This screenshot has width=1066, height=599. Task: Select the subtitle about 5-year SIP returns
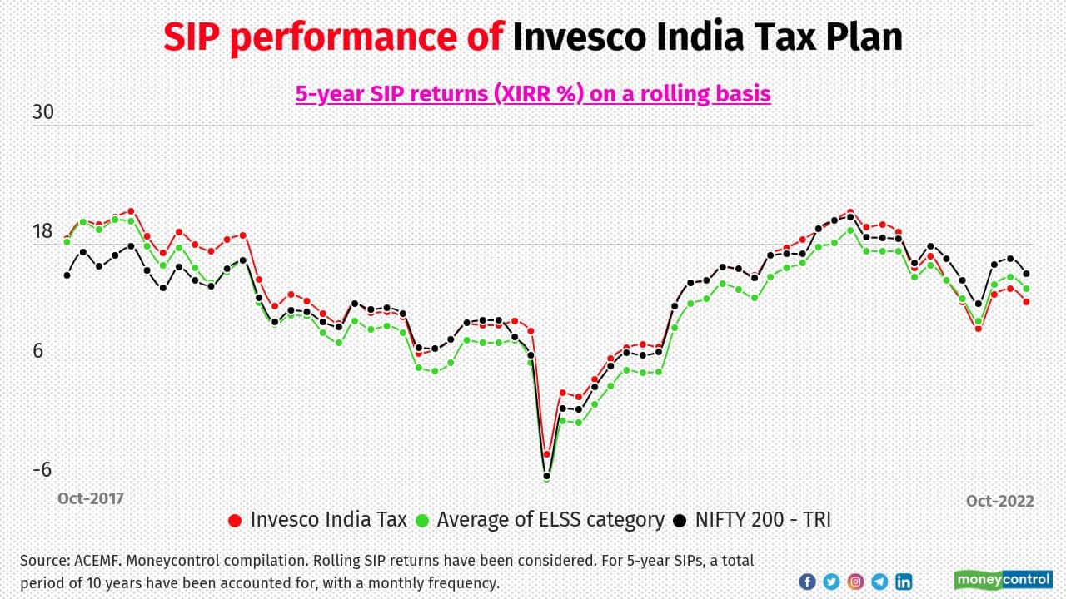[x=533, y=93]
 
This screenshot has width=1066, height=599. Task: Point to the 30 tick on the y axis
[x=42, y=112]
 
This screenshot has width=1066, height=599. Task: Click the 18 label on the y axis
[x=42, y=231]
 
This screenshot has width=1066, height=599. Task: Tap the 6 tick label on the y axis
[x=37, y=350]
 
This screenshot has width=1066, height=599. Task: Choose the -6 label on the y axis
[x=42, y=469]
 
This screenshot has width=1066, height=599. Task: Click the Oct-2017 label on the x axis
[x=90, y=498]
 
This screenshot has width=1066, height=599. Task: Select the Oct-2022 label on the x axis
[x=999, y=501]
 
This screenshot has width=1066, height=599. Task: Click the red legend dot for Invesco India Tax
[x=235, y=521]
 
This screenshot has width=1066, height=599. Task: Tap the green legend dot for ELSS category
[x=422, y=521]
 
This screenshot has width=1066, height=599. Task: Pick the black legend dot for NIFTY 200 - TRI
[x=680, y=521]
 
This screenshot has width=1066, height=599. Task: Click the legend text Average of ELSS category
[x=550, y=520]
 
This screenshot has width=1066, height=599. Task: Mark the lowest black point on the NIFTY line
[x=547, y=477]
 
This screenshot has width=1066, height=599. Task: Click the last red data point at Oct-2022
[x=1027, y=302]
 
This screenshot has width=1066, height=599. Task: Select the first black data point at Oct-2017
[x=67, y=275]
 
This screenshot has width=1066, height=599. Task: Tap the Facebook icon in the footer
[x=807, y=582]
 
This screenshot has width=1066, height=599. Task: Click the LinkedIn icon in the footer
[x=904, y=582]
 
